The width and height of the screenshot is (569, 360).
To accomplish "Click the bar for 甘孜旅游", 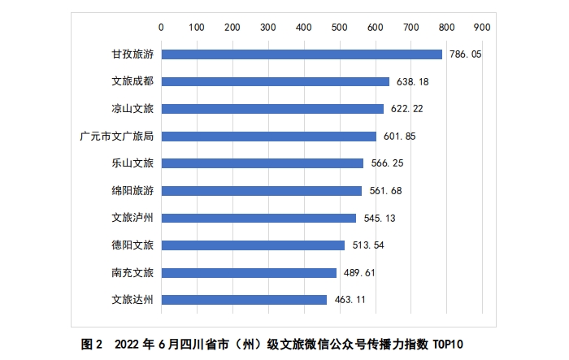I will point(302,54).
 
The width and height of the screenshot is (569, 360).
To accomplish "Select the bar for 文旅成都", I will point(275,81).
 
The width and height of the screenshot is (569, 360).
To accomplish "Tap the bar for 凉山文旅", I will point(272,109).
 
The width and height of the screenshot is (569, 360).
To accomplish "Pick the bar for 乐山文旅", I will point(262,163).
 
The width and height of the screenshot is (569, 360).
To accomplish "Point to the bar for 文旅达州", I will point(244,299).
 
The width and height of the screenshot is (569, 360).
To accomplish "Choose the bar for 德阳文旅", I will point(253,245).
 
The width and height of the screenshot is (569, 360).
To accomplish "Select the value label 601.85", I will point(399,136).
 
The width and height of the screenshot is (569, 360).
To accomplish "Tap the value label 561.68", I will point(384,191).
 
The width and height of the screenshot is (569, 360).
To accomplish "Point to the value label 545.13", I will point(379,218).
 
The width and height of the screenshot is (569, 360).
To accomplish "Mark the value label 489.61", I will point(358,272).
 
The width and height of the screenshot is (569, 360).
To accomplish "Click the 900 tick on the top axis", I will point(481,27).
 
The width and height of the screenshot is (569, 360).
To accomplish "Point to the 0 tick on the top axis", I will point(161,27).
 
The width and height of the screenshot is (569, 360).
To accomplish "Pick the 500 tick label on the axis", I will point(339,27).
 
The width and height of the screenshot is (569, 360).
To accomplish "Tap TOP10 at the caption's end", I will point(454,343).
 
